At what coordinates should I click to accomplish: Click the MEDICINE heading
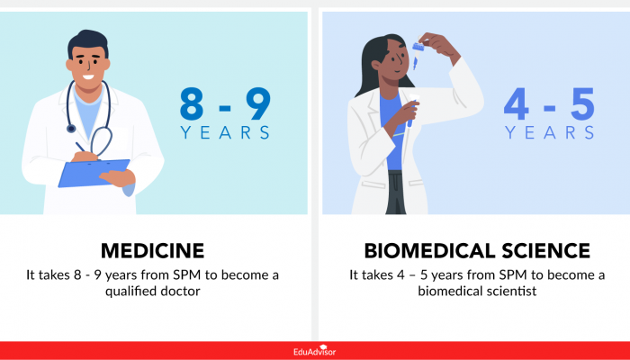click(152, 249)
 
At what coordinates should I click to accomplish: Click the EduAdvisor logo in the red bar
click(315, 352)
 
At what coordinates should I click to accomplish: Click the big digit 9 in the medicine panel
click(256, 103)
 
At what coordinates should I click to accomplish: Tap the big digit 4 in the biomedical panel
click(519, 103)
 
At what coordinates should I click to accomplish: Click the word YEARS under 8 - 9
click(225, 133)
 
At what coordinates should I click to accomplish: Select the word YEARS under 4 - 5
click(550, 133)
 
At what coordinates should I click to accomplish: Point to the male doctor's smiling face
click(89, 59)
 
